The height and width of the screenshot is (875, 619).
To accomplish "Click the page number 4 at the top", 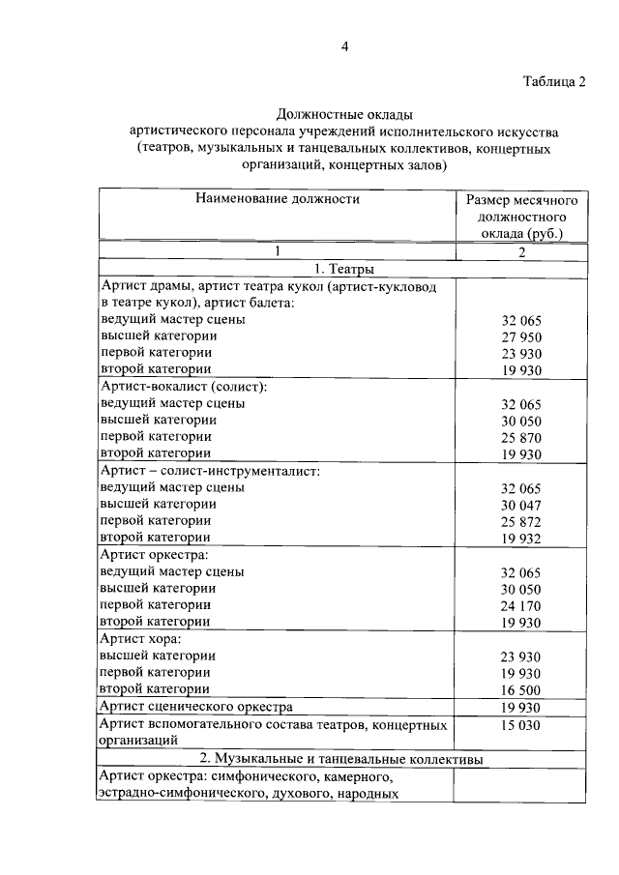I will (343, 47).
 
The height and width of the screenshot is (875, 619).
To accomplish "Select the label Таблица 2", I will (554, 80).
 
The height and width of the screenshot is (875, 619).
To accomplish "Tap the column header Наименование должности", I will (277, 199).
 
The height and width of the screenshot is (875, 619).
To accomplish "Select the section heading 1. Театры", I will (344, 270).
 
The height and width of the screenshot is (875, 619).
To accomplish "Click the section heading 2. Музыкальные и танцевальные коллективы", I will (344, 758).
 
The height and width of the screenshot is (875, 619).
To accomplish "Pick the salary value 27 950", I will (522, 336).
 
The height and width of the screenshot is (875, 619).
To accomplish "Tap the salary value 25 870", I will (522, 438).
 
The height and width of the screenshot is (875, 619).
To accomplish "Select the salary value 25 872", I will (522, 522).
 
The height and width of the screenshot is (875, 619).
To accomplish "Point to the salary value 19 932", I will (522, 539).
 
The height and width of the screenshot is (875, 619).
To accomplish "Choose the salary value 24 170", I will (522, 606).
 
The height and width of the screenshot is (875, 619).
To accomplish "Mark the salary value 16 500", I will (522, 690).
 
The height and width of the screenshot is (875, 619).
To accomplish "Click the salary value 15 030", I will (522, 725).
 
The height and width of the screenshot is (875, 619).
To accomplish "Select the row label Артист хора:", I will (141, 639).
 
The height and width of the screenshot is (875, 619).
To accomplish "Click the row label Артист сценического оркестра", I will (196, 708).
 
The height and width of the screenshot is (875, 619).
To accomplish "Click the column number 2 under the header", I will (521, 252).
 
